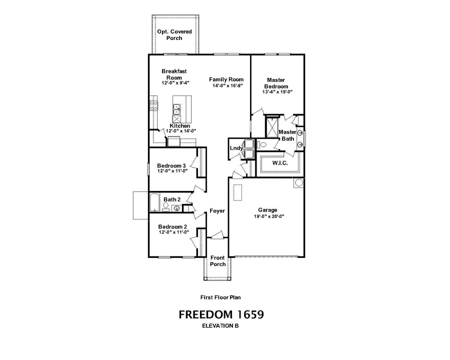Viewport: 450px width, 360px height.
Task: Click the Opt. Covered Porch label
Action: tap(174, 34)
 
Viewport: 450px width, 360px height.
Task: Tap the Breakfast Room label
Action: tap(174, 74)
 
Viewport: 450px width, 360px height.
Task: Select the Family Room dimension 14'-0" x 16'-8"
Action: tap(226, 86)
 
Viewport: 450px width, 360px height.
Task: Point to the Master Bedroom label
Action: tap(276, 83)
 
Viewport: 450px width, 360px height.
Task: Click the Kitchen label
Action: tap(179, 126)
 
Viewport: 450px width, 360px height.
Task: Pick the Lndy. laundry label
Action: tap(236, 148)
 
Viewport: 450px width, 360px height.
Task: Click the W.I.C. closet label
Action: tap(278, 163)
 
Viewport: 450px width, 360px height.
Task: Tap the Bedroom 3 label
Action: tap(171, 165)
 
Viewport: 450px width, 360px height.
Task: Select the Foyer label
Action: tap(217, 211)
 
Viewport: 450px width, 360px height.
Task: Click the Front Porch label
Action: tap(218, 261)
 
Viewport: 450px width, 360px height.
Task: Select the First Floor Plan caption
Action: tap(220, 297)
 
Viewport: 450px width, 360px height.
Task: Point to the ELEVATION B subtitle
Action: tap(220, 326)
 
